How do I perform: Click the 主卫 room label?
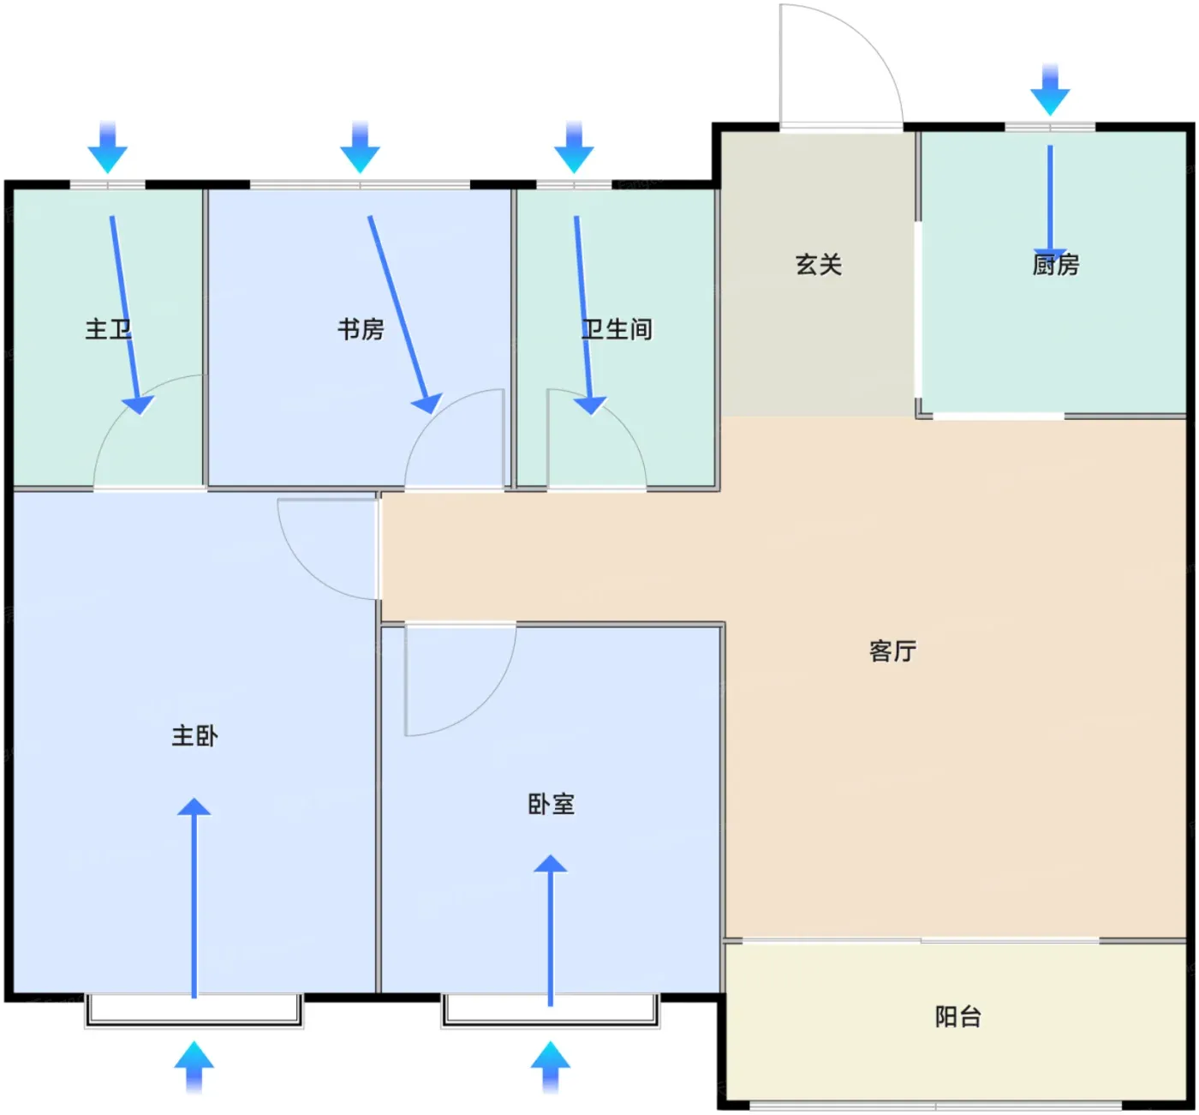tap(108, 329)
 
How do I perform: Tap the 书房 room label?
tap(361, 329)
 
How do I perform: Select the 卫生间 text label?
tap(617, 329)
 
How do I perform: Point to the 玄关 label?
tap(819, 265)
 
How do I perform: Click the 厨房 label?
tap(1056, 265)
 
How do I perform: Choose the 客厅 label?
tap(893, 651)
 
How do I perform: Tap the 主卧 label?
tap(194, 736)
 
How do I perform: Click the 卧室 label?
tap(552, 805)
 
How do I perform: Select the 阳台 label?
tap(958, 1017)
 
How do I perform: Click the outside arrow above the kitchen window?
tap(1050, 89)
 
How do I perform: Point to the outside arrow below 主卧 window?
tap(194, 1067)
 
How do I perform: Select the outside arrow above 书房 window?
tap(360, 147)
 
